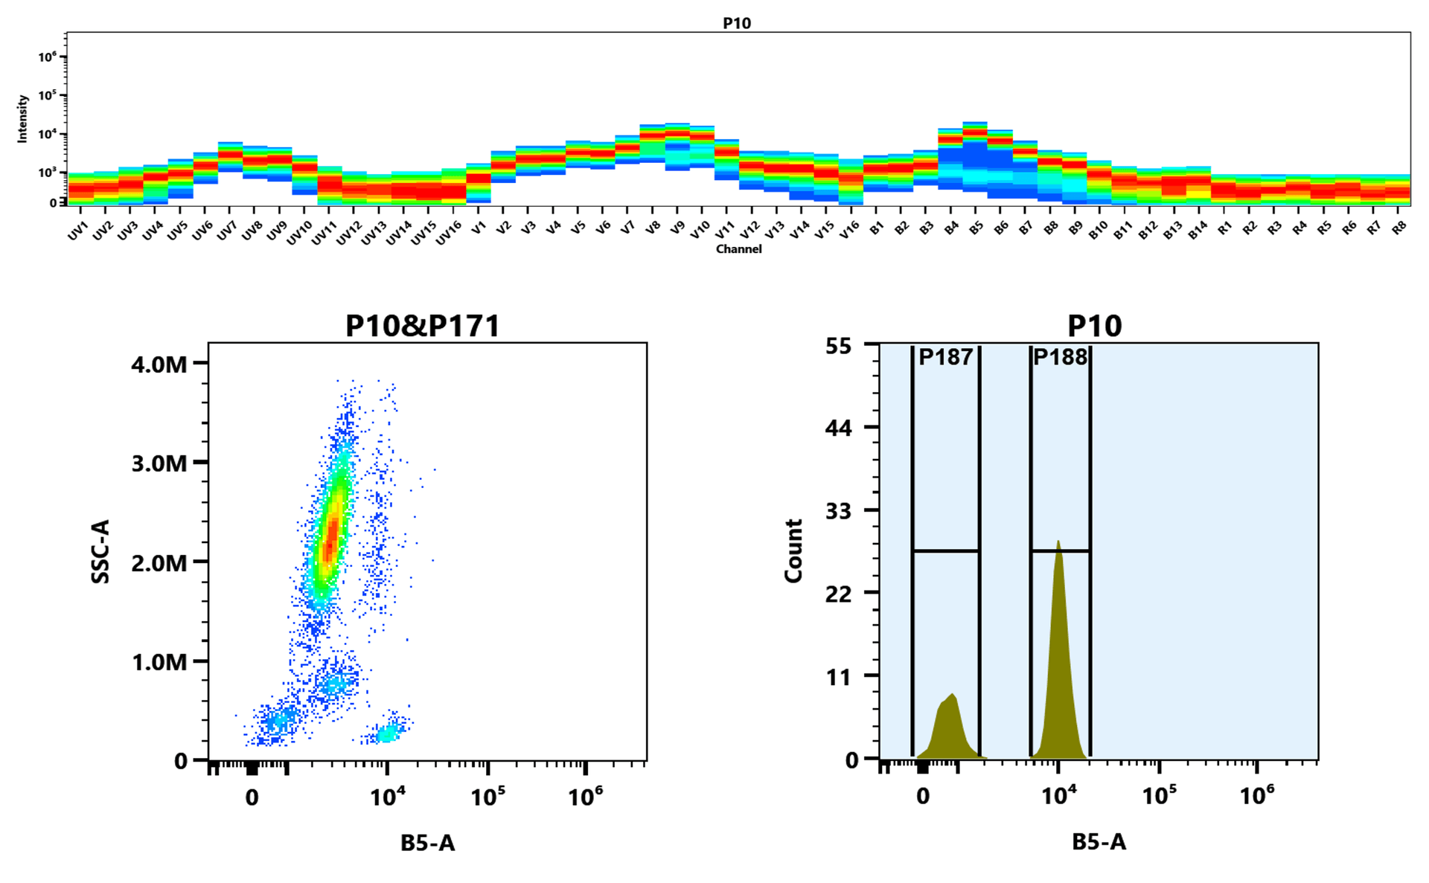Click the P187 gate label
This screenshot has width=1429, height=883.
[945, 357]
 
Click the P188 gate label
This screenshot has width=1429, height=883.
[1061, 357]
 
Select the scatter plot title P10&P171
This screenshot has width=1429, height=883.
[422, 326]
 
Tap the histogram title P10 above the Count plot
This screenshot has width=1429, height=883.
[1094, 326]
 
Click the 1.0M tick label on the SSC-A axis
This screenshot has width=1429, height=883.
[159, 662]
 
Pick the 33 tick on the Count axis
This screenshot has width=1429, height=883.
[838, 511]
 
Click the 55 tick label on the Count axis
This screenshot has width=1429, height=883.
[838, 346]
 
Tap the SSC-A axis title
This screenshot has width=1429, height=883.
[100, 551]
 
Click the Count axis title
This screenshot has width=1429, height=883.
[793, 551]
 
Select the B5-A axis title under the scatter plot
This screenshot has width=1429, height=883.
[427, 843]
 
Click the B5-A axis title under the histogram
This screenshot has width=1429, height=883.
[1099, 842]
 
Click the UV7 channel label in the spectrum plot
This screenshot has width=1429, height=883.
[226, 231]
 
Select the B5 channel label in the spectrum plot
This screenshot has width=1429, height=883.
[976, 228]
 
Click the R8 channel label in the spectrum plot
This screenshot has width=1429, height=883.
[1399, 228]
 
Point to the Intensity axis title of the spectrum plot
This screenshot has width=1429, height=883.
[22, 118]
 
